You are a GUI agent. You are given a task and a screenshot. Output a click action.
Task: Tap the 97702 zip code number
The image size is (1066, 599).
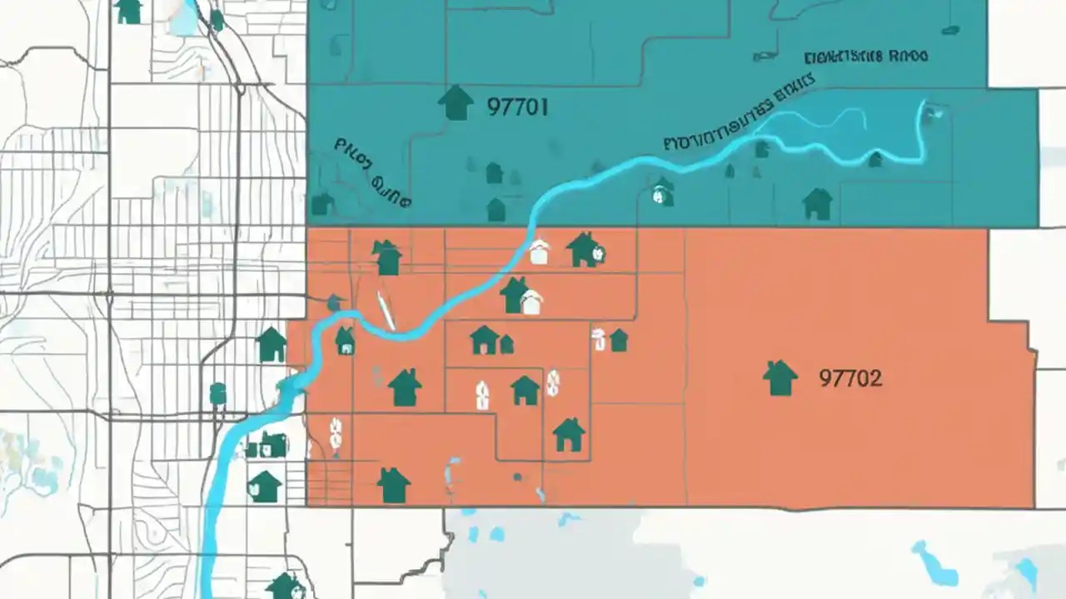click(850, 379)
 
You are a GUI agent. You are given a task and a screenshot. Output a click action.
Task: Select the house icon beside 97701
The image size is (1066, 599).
click(455, 102)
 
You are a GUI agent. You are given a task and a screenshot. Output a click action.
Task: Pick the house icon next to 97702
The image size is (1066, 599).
click(780, 378)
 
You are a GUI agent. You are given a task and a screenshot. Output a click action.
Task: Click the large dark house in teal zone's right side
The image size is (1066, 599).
click(817, 204)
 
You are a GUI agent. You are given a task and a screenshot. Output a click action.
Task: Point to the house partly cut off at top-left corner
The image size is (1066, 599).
click(128, 11)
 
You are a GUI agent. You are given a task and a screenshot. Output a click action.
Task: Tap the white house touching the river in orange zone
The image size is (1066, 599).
click(540, 251)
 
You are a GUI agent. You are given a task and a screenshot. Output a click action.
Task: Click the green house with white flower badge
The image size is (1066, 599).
click(585, 250)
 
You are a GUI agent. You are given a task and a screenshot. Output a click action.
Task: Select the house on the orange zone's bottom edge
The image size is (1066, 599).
click(393, 485)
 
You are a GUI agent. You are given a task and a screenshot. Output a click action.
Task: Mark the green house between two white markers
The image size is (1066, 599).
click(525, 389)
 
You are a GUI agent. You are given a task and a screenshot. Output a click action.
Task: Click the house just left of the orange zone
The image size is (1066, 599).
click(271, 344)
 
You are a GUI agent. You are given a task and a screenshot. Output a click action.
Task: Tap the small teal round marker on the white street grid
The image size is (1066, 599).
click(217, 393)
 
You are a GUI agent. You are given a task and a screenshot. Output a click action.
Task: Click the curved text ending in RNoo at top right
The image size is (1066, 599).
click(866, 57)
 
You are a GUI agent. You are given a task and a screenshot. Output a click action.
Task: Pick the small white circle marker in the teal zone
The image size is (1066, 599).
click(662, 196)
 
